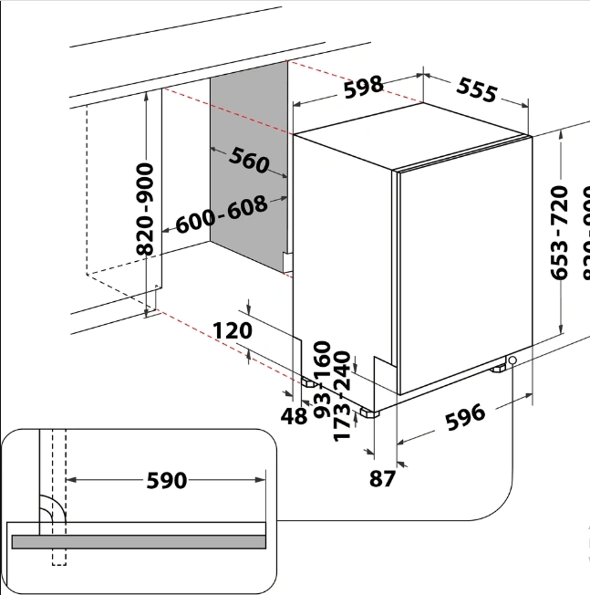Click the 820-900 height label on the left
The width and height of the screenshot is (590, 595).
145,211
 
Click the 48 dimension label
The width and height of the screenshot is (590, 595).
295,417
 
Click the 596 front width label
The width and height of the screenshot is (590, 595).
465,417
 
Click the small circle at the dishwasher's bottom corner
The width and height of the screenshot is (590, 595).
513,361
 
